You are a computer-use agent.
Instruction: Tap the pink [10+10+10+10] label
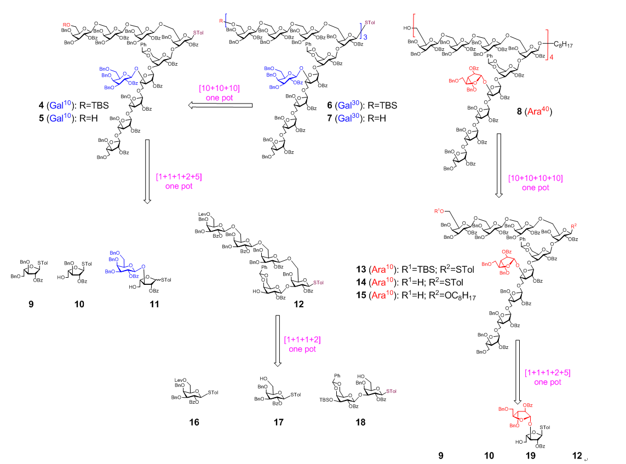coord(535,183)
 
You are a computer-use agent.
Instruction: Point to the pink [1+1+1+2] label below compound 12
coord(302,344)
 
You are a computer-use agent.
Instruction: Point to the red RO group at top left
coord(65,24)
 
